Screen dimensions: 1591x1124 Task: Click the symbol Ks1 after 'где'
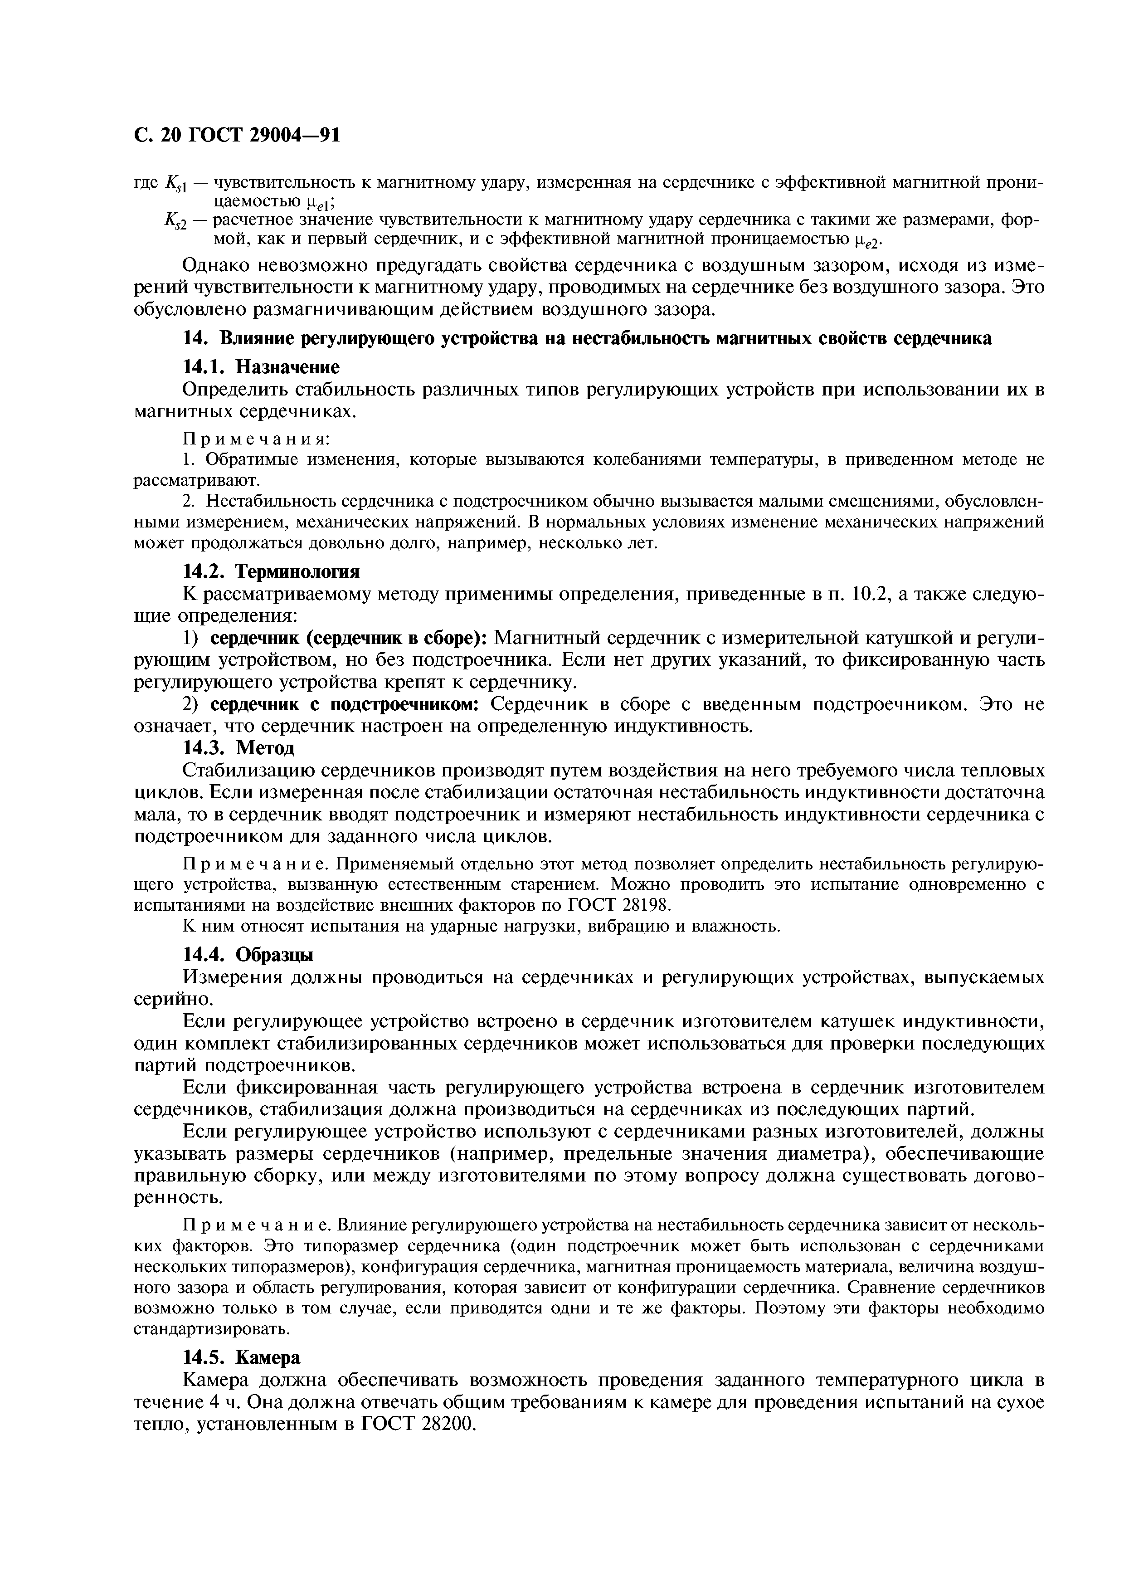coord(176,184)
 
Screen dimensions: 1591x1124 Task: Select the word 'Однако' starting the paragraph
coord(218,266)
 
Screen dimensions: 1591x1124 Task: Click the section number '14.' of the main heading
coord(195,338)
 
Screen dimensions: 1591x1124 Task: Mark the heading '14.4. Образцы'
coord(248,954)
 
